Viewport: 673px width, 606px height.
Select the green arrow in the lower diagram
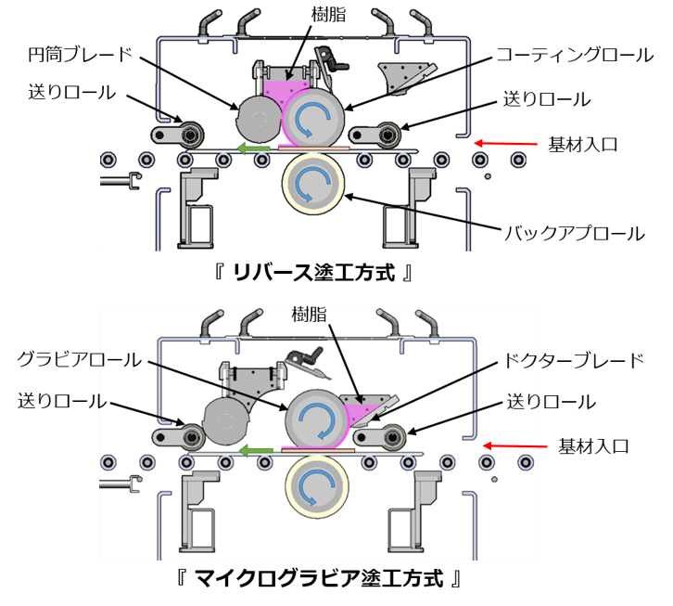click(255, 450)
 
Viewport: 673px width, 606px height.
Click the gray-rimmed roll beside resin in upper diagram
click(312, 120)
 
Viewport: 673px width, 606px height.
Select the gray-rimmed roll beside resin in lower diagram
click(314, 419)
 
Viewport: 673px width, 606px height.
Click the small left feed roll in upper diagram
click(193, 135)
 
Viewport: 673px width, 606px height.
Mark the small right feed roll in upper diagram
click(388, 135)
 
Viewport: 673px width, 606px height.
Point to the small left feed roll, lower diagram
click(193, 436)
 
